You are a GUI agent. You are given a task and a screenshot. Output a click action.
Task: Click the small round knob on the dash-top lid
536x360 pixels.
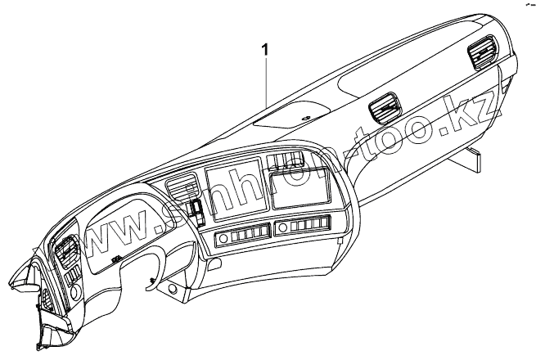coord(304,119)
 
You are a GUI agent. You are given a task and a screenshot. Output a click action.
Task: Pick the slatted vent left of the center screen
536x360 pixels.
coord(179,190)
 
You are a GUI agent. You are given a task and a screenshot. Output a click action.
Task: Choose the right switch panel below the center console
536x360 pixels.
coord(303,227)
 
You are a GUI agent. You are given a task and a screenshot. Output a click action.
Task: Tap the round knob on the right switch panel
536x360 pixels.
coord(282,227)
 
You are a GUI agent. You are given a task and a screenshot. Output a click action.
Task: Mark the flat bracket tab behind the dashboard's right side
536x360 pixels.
coord(473,161)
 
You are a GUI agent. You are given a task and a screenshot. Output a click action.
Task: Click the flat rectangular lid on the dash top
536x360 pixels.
coord(291,118)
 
